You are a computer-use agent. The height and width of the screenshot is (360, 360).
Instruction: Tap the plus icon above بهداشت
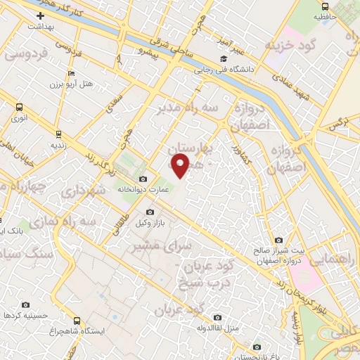tap(30, 15)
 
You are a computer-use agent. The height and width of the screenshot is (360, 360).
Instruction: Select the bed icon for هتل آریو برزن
tap(70, 74)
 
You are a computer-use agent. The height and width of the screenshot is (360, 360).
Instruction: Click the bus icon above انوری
tap(18, 108)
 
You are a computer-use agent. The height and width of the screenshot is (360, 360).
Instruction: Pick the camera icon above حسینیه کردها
tap(26, 304)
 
